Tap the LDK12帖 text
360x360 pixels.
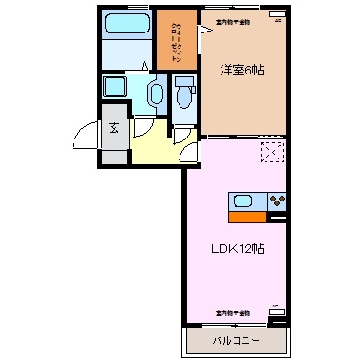(237, 247)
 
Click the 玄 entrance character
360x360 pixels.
(114, 128)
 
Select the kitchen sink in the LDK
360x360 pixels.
(243, 201)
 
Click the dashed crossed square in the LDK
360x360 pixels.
(272, 152)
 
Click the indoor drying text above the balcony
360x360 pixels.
(232, 312)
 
